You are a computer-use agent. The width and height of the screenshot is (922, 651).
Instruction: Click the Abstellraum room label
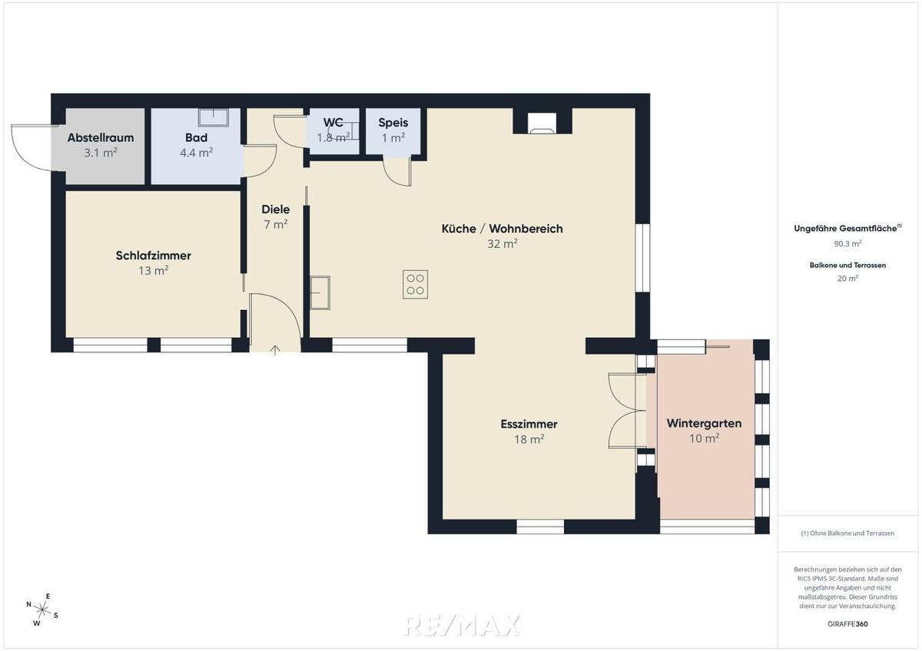pyautogui.click(x=101, y=138)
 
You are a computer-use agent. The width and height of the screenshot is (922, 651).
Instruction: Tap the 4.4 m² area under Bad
pyautogui.click(x=196, y=153)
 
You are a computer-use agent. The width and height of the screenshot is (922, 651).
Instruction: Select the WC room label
pyautogui.click(x=333, y=123)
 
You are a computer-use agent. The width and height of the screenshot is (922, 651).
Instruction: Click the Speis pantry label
pyautogui.click(x=393, y=123)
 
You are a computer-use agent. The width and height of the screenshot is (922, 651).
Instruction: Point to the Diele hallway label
pyautogui.click(x=275, y=210)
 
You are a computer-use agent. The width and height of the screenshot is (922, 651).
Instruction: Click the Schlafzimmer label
pyautogui.click(x=153, y=256)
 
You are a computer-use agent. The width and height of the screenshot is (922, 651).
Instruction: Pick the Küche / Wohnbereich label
pyautogui.click(x=502, y=229)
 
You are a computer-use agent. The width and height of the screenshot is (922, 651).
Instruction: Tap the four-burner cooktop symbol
pyautogui.click(x=416, y=284)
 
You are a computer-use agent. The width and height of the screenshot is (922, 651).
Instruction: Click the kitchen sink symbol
pyautogui.click(x=320, y=292)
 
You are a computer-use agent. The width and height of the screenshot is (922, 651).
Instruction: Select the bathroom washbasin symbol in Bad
pyautogui.click(x=214, y=117)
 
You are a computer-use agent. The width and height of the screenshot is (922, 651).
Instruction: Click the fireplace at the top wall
pyautogui.click(x=542, y=123)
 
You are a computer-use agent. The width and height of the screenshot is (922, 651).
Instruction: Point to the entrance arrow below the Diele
pyautogui.click(x=275, y=350)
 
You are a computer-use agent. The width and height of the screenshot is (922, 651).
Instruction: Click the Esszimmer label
pyautogui.click(x=529, y=424)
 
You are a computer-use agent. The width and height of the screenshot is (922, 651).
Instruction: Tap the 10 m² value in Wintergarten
pyautogui.click(x=704, y=438)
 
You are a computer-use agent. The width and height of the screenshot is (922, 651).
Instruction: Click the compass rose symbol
pyautogui.click(x=42, y=610)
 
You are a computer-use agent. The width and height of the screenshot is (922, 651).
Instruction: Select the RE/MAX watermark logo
pyautogui.click(x=462, y=625)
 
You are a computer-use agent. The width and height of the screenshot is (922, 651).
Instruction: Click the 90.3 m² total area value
pyautogui.click(x=847, y=243)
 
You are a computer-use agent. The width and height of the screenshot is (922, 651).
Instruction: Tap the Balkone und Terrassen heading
pyautogui.click(x=847, y=265)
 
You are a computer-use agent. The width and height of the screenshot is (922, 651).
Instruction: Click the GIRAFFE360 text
pyautogui.click(x=847, y=624)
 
